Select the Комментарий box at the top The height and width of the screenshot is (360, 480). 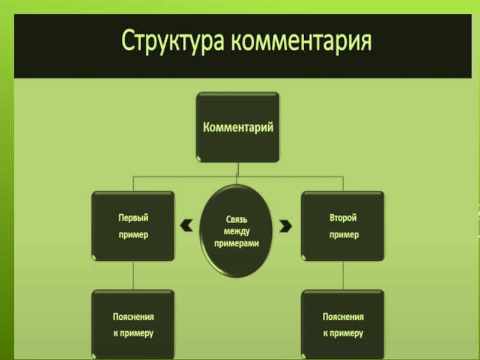pos(238,127)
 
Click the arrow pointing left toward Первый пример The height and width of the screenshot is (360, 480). pos(187,226)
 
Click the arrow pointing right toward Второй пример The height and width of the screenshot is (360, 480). pos(286,226)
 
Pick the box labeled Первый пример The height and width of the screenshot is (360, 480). pos(133,226)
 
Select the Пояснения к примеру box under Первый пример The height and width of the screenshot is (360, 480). pos(133,324)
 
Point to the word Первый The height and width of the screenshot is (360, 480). pos(133,217)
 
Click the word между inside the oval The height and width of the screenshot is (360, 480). pos(237,230)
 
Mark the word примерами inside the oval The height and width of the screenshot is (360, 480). pos(237,243)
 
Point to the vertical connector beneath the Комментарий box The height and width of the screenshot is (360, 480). pos(238,169)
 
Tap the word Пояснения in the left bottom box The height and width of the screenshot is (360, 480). pos(133,317)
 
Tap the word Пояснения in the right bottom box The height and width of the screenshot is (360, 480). pos(343,317)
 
